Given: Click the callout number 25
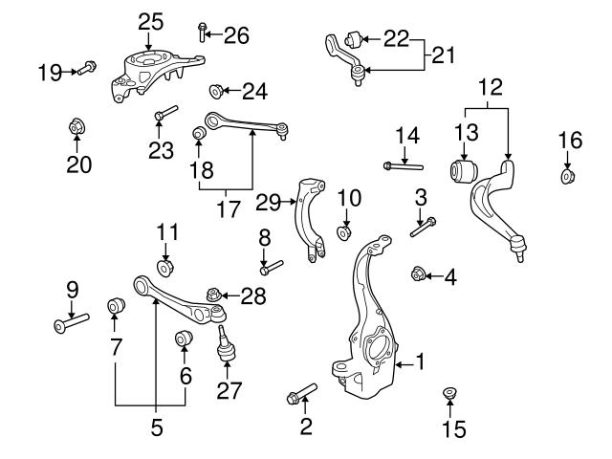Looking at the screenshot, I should coord(151,20).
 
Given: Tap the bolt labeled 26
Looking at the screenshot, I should coord(203,33).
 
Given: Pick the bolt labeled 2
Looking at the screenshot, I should coord(300,394).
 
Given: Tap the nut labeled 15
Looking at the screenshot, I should coord(449,394).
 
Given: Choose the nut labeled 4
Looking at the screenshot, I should coord(417,275).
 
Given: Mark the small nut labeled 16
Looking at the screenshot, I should coord(567,176).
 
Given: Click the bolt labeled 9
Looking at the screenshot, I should coord(73,322).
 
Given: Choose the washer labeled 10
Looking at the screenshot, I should coord(344,233).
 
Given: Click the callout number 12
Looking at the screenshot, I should coord(490,88).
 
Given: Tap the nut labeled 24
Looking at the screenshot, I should coord(216,92).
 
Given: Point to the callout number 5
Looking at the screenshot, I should coord(157,428).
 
